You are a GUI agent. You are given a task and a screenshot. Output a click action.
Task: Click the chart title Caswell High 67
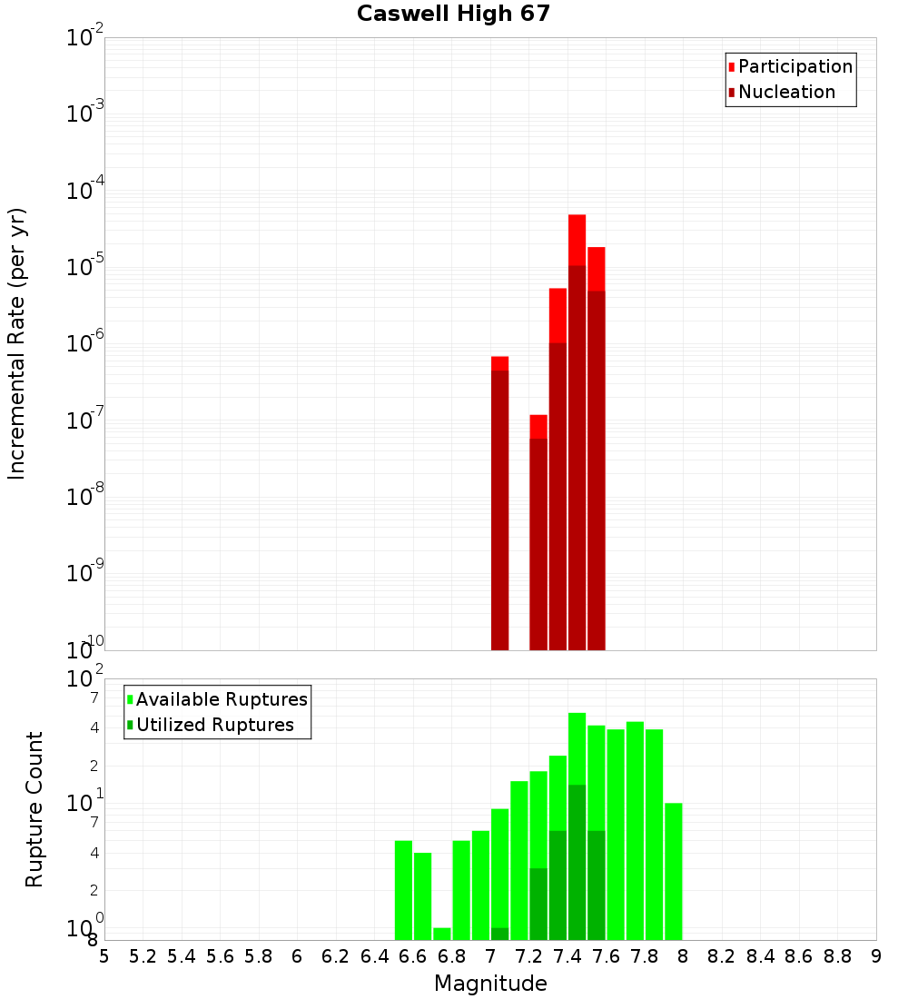(x=453, y=15)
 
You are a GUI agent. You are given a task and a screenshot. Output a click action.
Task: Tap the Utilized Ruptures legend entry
(x=213, y=725)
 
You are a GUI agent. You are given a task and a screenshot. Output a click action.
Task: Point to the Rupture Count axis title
(x=35, y=808)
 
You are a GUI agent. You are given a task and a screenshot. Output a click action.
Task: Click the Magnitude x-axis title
(x=490, y=984)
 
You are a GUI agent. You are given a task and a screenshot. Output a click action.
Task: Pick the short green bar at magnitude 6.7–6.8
(x=442, y=934)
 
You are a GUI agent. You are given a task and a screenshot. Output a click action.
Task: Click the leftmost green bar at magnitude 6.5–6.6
(x=403, y=890)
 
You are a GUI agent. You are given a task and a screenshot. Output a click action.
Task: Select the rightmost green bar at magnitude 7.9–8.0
(x=673, y=872)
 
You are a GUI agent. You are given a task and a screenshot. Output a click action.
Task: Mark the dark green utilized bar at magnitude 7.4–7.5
(x=577, y=863)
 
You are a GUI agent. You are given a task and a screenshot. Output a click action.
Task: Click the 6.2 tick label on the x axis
(x=336, y=956)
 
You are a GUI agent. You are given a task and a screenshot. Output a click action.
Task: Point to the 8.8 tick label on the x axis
(x=838, y=956)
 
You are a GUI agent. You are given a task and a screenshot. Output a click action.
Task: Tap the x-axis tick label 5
(x=104, y=956)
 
